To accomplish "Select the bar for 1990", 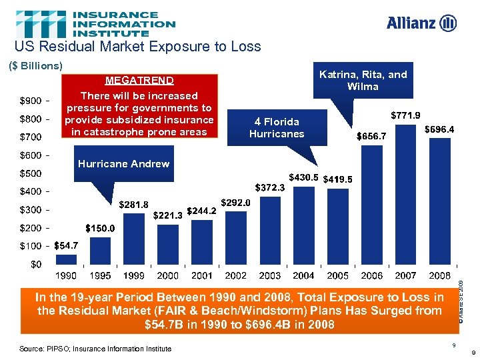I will pyautogui.click(x=65, y=260).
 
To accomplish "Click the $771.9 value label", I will pyautogui.click(x=405, y=115).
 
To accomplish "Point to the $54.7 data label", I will pyautogui.click(x=66, y=245).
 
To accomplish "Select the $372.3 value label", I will pyautogui.click(x=271, y=188).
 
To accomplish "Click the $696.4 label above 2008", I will pyautogui.click(x=439, y=129).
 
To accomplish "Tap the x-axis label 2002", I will pyautogui.click(x=235, y=275).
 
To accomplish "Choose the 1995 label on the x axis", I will pyautogui.click(x=100, y=275).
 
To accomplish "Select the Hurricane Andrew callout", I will pyautogui.click(x=123, y=164).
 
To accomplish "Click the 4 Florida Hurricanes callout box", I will pyautogui.click(x=276, y=127).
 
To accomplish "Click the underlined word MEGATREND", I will pyautogui.click(x=139, y=80).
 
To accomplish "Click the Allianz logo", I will pyautogui.click(x=421, y=23).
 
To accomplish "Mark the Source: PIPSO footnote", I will pyautogui.click(x=95, y=348).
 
